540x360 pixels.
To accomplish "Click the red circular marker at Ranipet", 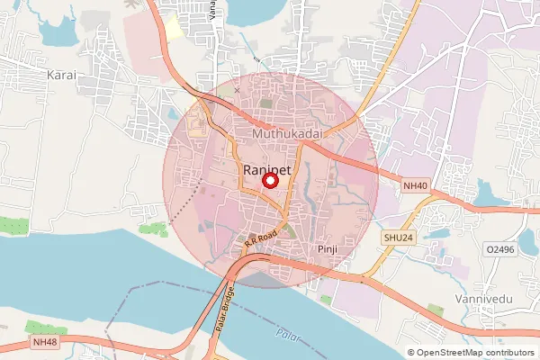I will [x=269, y=180].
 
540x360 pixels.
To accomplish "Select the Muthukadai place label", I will [x=286, y=134].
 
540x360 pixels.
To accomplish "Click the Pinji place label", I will [x=326, y=247].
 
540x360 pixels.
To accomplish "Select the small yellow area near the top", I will [x=173, y=26].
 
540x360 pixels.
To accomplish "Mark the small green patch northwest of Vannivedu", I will [x=436, y=310].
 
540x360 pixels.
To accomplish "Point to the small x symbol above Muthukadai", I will [x=238, y=91].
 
